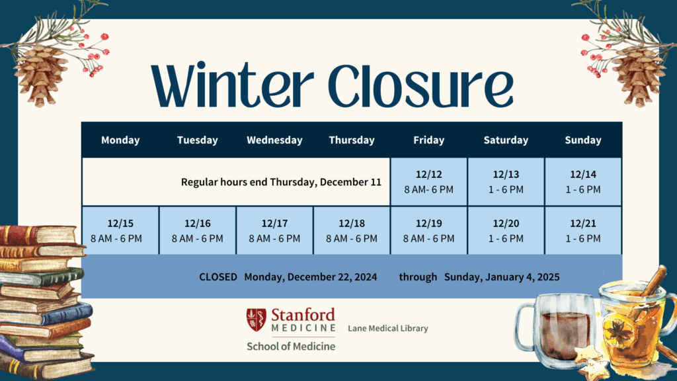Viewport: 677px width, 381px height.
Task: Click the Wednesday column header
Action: (274, 140)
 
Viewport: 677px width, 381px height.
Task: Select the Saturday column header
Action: (506, 140)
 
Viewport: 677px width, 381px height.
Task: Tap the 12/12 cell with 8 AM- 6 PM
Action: (428, 182)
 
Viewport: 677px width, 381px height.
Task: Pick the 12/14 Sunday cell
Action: (583, 182)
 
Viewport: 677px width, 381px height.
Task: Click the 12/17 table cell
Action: (274, 231)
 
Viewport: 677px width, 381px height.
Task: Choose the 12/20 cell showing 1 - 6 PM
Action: (506, 231)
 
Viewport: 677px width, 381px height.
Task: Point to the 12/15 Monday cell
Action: (120, 231)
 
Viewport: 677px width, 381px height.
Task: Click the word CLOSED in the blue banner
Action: (218, 277)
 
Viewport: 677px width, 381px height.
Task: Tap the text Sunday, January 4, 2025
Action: (502, 277)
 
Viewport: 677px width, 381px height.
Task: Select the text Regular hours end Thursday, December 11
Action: (281, 182)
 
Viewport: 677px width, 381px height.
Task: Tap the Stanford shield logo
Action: (255, 319)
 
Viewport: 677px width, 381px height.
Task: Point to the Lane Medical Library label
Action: (388, 328)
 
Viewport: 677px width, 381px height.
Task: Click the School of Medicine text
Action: (291, 346)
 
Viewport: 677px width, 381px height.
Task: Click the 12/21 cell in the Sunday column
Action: (583, 231)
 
